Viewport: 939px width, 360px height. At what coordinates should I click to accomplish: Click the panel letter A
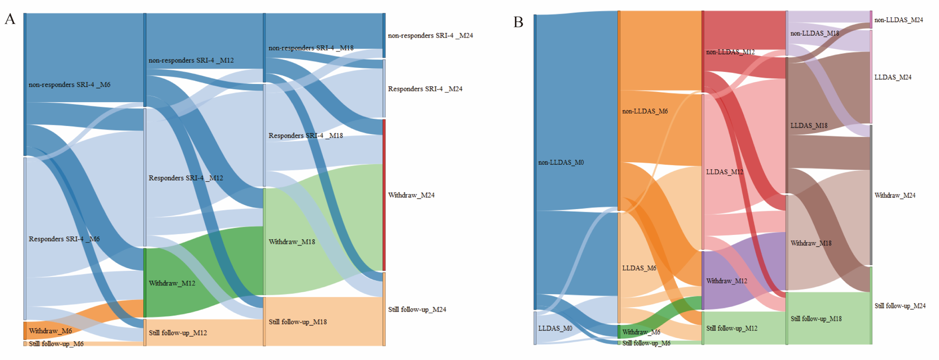tap(10, 19)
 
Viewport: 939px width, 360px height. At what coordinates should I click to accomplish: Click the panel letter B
tap(518, 22)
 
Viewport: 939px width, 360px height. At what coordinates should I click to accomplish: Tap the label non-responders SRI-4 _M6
tap(69, 84)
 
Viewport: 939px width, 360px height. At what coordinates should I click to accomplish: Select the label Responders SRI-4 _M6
tap(64, 239)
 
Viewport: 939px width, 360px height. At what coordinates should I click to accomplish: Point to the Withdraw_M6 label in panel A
tap(50, 331)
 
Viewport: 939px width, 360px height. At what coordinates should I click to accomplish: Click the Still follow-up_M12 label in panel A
tap(178, 333)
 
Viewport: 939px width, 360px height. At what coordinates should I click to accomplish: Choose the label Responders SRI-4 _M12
tap(186, 178)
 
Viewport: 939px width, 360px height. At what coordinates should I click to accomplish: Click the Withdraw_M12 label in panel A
tap(172, 283)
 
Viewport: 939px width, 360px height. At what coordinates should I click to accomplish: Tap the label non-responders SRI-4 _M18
tap(311, 48)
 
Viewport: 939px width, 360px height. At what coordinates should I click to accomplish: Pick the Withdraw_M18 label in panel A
tap(292, 242)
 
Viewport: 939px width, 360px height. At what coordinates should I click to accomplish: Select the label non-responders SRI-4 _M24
tap(430, 36)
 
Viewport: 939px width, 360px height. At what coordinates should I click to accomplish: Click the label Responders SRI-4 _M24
tap(425, 89)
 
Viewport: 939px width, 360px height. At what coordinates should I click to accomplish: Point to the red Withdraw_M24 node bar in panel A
tap(384, 195)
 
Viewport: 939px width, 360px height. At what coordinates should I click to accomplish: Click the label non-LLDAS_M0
tap(561, 163)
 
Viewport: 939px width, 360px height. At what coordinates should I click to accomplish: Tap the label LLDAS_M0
tap(555, 328)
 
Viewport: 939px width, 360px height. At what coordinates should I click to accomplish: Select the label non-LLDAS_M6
tap(645, 111)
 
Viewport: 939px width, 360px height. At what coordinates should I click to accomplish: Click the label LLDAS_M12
tap(724, 172)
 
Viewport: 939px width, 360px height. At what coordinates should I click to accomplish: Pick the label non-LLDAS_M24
tap(898, 20)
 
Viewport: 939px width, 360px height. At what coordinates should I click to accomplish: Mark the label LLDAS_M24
tap(892, 77)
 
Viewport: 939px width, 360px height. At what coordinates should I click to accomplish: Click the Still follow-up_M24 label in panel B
tap(900, 306)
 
